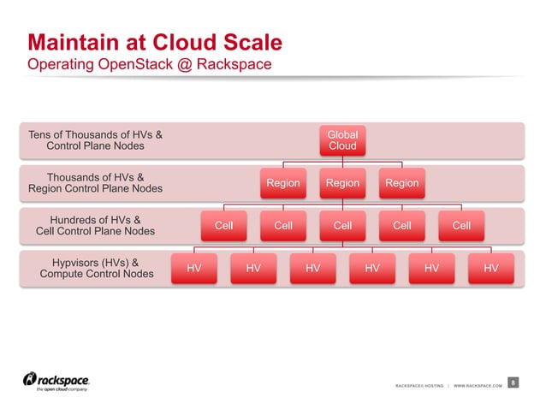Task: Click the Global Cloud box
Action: [342, 140]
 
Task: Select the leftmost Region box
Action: [282, 183]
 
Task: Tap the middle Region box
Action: [342, 183]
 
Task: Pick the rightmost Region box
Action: [401, 183]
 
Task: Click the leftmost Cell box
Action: [223, 226]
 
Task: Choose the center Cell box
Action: [342, 226]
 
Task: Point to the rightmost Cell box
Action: [460, 226]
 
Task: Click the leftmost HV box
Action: [194, 268]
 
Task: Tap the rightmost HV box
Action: [490, 268]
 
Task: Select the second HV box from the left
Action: [253, 268]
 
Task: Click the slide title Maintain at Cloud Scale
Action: [155, 43]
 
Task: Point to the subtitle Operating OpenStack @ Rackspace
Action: [151, 64]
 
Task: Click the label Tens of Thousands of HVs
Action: [95, 134]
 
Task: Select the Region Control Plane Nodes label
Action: [95, 189]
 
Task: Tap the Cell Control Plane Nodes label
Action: [95, 231]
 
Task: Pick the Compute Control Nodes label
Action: [97, 274]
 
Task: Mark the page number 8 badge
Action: [512, 382]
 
